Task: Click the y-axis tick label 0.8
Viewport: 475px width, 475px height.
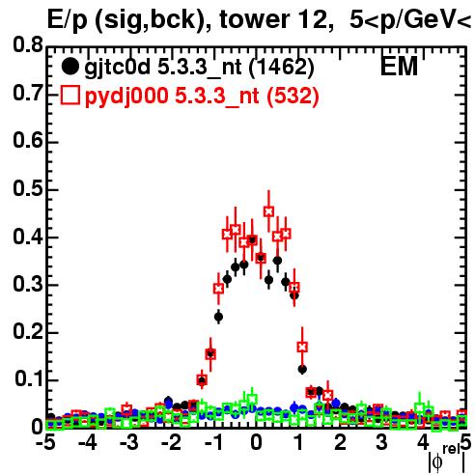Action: pyautogui.click(x=28, y=45)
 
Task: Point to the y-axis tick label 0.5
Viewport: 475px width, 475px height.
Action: pyautogui.click(x=28, y=189)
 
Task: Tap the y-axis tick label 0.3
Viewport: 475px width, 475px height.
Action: pyautogui.click(x=28, y=285)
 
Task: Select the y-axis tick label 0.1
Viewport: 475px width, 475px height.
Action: pyautogui.click(x=28, y=379)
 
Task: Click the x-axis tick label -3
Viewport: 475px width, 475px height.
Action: pyautogui.click(x=129, y=442)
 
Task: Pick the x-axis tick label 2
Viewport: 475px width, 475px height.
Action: pyautogui.click(x=340, y=442)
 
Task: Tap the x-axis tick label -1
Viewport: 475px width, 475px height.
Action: pyautogui.click(x=213, y=442)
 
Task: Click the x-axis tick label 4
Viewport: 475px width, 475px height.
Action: pyautogui.click(x=424, y=442)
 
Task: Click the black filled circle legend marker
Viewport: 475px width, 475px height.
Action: pyautogui.click(x=70, y=67)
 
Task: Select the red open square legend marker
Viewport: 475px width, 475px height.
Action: pyautogui.click(x=70, y=95)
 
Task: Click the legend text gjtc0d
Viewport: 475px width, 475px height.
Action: pyautogui.click(x=117, y=68)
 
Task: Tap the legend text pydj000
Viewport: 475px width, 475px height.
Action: pyautogui.click(x=126, y=97)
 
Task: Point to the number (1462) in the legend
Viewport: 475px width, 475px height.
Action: pyautogui.click(x=282, y=67)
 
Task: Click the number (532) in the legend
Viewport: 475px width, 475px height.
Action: pyautogui.click(x=293, y=96)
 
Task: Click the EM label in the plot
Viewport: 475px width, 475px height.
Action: pyautogui.click(x=399, y=67)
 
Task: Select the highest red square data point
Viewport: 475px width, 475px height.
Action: pyautogui.click(x=268, y=211)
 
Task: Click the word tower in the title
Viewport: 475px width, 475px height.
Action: pyautogui.click(x=253, y=20)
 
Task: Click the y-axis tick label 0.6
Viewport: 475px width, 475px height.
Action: pyautogui.click(x=28, y=141)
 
